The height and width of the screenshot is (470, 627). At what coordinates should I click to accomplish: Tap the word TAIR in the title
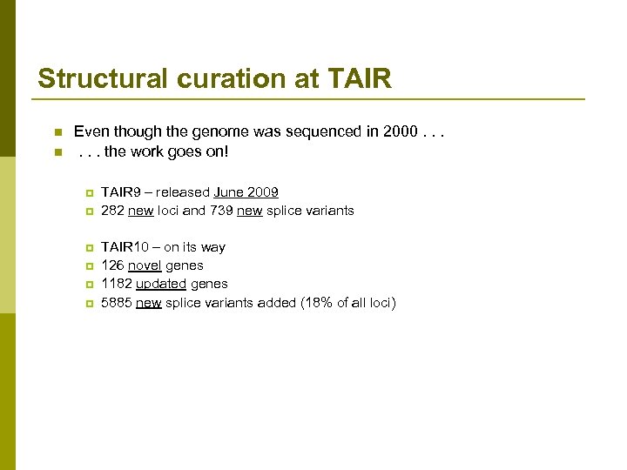(x=360, y=79)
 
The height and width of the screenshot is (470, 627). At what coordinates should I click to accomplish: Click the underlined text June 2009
(x=246, y=192)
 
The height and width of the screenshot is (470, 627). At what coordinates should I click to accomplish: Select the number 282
(x=112, y=211)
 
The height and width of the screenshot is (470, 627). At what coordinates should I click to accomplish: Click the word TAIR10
(x=124, y=247)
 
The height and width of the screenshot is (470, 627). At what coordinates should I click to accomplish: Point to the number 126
(x=112, y=265)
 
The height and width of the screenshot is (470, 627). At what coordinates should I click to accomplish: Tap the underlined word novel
(x=145, y=265)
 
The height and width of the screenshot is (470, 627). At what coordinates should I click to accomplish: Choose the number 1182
(x=116, y=284)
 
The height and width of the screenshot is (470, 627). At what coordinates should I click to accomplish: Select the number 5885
(x=116, y=303)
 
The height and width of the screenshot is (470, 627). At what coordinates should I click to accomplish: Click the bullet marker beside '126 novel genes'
(x=88, y=266)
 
